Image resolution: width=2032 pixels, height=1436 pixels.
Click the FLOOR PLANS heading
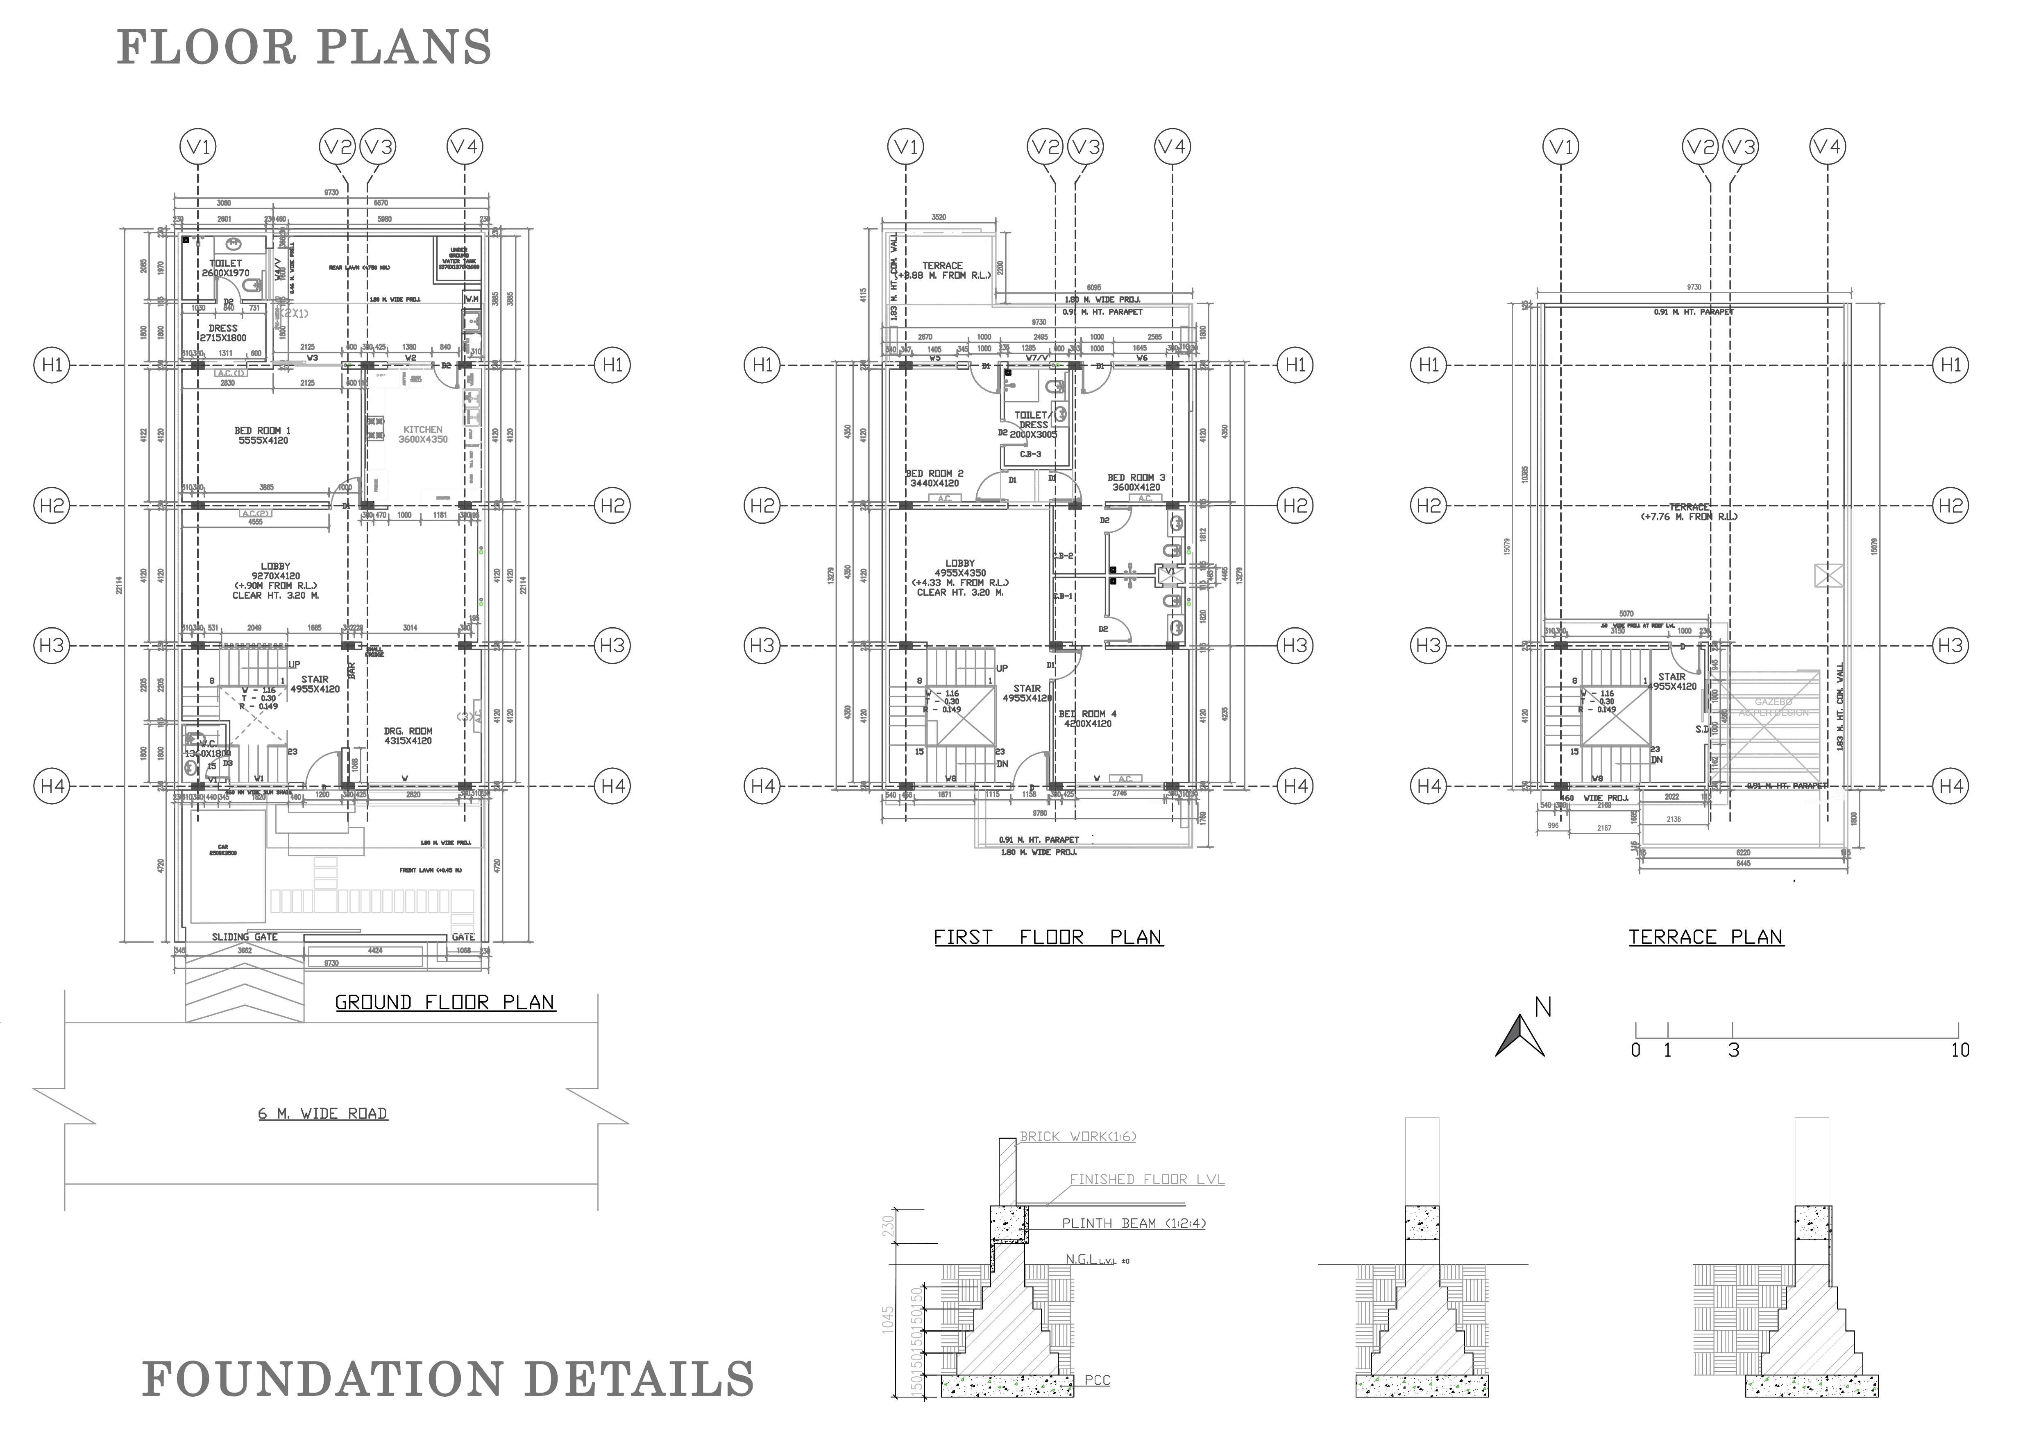pos(304,48)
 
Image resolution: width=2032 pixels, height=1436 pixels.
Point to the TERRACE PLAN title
pos(1705,937)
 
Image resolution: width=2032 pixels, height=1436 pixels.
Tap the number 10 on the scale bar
pos(1959,1050)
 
